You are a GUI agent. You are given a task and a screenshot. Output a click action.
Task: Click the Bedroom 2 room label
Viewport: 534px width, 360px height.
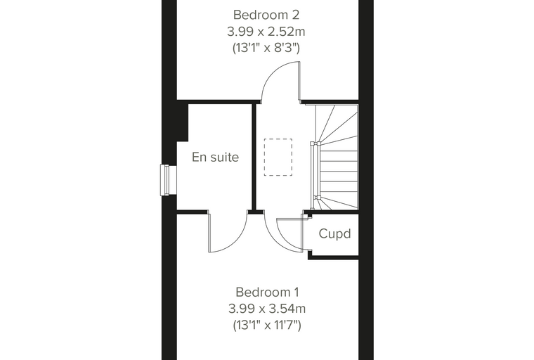(266, 15)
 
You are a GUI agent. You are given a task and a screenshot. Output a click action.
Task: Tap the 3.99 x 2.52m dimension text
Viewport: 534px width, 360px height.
(266, 32)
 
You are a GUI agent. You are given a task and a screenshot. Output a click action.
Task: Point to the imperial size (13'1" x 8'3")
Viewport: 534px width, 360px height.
(266, 48)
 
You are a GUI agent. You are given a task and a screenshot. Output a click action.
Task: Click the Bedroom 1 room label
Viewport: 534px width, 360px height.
(267, 292)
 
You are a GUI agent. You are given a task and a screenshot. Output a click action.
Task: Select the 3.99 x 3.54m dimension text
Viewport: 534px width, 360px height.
(267, 309)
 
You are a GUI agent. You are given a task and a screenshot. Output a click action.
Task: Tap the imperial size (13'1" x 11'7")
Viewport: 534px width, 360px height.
(267, 325)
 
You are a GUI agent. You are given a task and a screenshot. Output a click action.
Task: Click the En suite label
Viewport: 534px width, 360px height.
(215, 157)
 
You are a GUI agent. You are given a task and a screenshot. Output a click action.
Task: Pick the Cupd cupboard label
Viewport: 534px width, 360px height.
(334, 234)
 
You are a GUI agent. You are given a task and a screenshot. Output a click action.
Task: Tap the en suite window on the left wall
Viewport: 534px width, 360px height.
(168, 180)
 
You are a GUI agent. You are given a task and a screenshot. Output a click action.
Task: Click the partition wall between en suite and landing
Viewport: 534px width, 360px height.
(254, 157)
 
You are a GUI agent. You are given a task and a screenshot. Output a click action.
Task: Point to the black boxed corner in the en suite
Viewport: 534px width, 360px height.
(183, 122)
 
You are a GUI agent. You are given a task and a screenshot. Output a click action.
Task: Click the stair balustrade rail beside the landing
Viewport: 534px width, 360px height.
(315, 170)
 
